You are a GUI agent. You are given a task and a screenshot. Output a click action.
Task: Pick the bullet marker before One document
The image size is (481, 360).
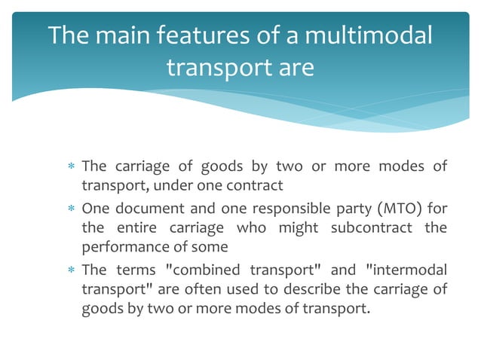pyautogui.click(x=70, y=208)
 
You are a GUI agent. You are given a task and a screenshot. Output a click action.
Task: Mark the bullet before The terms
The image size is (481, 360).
pyautogui.click(x=70, y=270)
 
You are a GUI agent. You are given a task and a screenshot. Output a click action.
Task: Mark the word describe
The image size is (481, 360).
pyautogui.click(x=311, y=290)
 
